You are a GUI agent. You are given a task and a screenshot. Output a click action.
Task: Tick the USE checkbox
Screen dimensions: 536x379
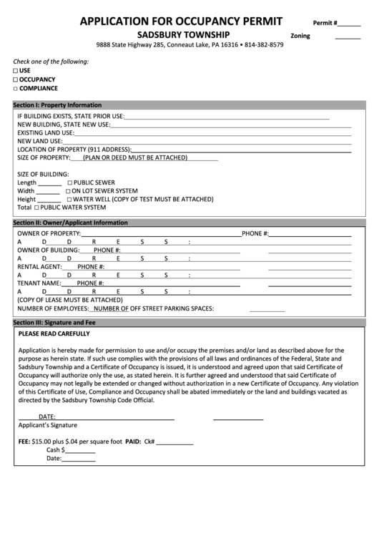tap(16, 71)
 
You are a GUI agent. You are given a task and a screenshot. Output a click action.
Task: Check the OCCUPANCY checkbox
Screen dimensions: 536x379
tap(16, 79)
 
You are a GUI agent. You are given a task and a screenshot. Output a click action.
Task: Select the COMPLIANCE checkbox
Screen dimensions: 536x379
tap(16, 88)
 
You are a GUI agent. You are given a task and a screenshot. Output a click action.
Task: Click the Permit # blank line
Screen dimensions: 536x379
tap(349, 25)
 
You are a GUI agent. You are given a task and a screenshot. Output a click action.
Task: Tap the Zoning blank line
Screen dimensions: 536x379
tap(348, 38)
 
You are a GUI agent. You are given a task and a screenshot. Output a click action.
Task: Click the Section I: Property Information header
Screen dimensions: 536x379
tap(58, 105)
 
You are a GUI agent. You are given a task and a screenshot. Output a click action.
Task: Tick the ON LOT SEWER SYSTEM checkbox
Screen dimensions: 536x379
tap(68, 192)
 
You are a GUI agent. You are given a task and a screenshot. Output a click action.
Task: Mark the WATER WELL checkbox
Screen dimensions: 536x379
tap(69, 200)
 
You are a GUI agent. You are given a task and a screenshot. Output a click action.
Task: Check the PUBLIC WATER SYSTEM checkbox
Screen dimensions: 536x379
tap(36, 208)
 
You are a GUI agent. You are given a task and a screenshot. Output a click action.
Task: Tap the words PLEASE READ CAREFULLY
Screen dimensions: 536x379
tap(54, 334)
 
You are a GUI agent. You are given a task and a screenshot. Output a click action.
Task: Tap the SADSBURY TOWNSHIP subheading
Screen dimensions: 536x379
tap(184, 34)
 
